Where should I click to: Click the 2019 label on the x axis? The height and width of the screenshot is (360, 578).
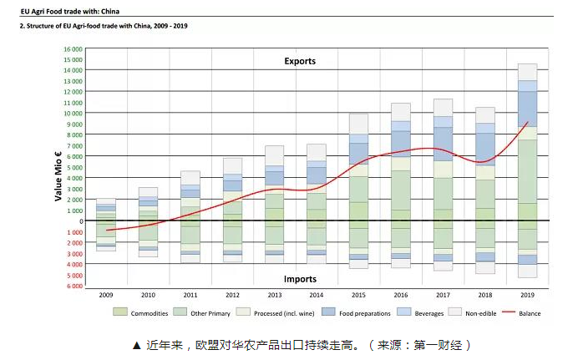pyautogui.click(x=527, y=295)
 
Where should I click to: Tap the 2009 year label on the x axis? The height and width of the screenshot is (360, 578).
pyautogui.click(x=106, y=295)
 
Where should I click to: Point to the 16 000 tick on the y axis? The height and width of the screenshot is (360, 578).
pyautogui.click(x=73, y=49)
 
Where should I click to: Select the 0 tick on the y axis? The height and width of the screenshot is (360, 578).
pyautogui.click(x=80, y=221)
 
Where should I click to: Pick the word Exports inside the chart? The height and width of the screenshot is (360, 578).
pyautogui.click(x=300, y=61)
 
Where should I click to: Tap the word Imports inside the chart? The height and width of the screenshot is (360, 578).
pyautogui.click(x=300, y=279)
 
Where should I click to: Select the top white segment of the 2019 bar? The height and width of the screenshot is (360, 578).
pyautogui.click(x=527, y=72)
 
